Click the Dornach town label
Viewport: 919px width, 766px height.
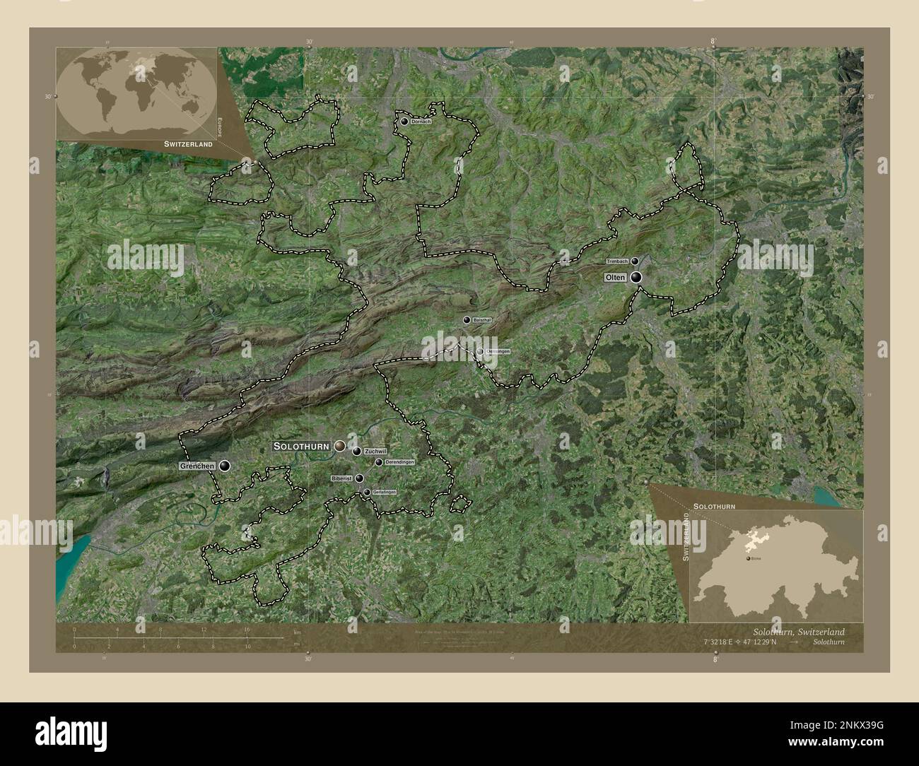[x=421, y=122]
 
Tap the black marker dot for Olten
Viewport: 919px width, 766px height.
[x=637, y=278]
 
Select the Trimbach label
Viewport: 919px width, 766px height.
[x=618, y=261]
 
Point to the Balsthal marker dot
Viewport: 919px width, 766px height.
[x=467, y=320]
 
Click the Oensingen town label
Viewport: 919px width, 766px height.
[x=498, y=351]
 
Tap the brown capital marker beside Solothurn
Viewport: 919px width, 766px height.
[x=340, y=446]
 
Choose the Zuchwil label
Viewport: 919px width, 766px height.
[x=377, y=451]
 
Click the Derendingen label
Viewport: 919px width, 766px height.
[x=399, y=462]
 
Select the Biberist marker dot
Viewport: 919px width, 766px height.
[x=359, y=478]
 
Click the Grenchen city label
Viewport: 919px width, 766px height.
[x=197, y=466]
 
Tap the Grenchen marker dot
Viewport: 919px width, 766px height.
[x=225, y=466]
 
